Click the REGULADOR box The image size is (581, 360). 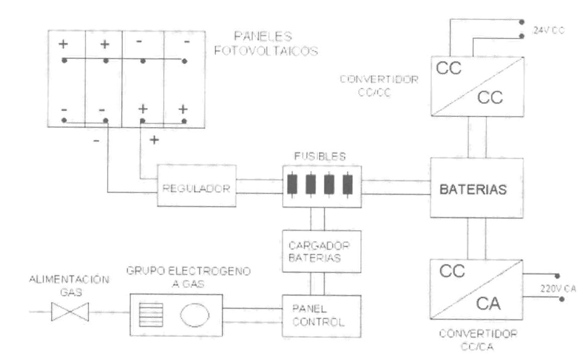196,185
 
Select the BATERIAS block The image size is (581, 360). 477,188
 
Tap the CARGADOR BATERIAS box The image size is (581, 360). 322,252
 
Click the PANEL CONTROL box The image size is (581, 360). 322,316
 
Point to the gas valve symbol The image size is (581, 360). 70,312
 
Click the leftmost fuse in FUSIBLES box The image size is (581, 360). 293,184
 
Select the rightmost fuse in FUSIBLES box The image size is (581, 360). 348,184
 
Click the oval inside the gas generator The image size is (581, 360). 195,315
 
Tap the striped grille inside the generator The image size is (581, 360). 151,315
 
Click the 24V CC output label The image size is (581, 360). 549,31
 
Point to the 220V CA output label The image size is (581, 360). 558,288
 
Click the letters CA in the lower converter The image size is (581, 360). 488,304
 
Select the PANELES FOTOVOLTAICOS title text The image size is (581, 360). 266,43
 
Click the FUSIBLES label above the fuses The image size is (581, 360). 320,157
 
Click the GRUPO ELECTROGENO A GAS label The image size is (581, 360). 189,277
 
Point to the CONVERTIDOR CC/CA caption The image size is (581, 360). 478,340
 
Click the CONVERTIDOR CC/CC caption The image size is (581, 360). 379,86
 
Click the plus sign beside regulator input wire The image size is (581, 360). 154,140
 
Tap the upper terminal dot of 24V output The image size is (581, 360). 522,22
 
